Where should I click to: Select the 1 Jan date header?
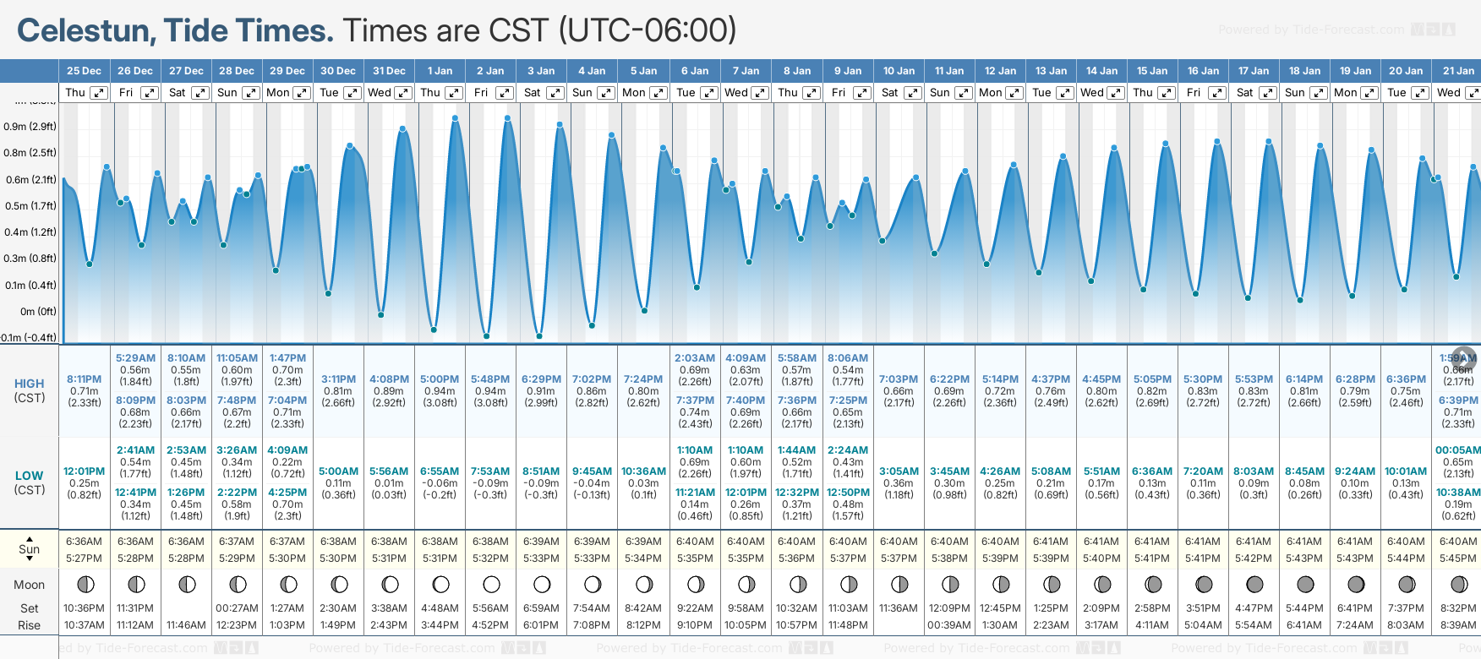440,71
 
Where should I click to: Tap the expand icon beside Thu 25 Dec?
99,93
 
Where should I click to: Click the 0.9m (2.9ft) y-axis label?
30,127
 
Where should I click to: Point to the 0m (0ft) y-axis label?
38,312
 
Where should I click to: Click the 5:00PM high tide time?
440,379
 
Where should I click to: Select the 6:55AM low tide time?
440,471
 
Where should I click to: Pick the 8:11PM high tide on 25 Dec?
84,379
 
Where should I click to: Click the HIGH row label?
29,384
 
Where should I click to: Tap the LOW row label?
29,476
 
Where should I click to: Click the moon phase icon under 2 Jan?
491,585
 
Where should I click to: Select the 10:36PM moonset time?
84,608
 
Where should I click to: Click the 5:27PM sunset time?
84,558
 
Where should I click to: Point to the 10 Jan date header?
899,71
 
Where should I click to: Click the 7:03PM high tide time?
899,379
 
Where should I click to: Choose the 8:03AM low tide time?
1254,471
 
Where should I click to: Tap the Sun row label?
29,549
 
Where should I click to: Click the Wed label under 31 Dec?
380,93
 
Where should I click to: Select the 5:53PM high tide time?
1254,379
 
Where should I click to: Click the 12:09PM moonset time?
949,608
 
